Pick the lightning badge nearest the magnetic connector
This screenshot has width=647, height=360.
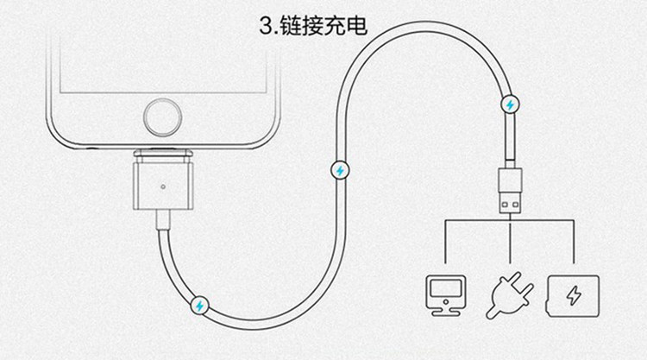point(199,305)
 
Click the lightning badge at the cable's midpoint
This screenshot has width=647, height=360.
point(339,169)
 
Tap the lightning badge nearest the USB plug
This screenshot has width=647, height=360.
point(510,104)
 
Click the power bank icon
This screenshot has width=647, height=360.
point(571,294)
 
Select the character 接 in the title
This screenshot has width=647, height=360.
point(313,25)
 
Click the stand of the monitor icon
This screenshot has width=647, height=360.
point(446,308)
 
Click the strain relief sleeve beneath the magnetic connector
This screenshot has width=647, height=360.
point(160,222)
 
